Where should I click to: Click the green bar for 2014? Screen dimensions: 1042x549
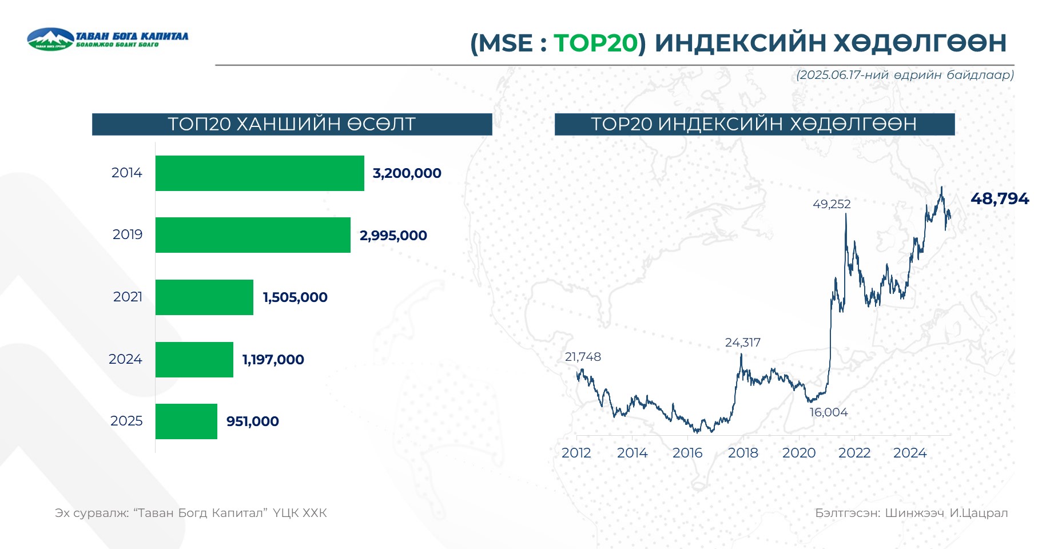pyautogui.click(x=260, y=173)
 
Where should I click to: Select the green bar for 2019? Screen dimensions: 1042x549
pyautogui.click(x=253, y=235)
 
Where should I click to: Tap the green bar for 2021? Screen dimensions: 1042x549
pyautogui.click(x=204, y=297)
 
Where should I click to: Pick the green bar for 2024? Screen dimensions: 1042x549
pyautogui.click(x=194, y=360)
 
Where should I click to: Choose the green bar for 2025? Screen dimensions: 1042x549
pyautogui.click(x=186, y=421)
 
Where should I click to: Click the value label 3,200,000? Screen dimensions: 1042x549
pyautogui.click(x=407, y=173)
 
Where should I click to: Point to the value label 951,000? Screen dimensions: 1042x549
pyautogui.click(x=253, y=421)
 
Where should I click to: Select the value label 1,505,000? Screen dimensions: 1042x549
pyautogui.click(x=295, y=297)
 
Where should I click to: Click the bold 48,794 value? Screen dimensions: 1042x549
pyautogui.click(x=1000, y=198)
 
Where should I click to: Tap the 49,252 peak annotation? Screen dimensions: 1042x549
pyautogui.click(x=832, y=204)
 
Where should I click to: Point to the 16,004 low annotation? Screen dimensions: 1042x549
pyautogui.click(x=829, y=412)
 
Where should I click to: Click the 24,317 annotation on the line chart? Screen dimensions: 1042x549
pyautogui.click(x=743, y=343)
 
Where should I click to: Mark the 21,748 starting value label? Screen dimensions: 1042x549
pyautogui.click(x=583, y=357)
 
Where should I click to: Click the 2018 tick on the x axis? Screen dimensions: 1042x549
pyautogui.click(x=743, y=453)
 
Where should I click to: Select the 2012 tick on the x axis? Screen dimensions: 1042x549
pyautogui.click(x=576, y=453)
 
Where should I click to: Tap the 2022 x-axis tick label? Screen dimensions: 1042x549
pyautogui.click(x=854, y=453)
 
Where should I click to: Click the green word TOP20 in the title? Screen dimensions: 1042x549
pyautogui.click(x=595, y=43)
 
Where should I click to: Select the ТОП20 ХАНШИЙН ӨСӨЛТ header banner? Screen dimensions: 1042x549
pyautogui.click(x=292, y=124)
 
